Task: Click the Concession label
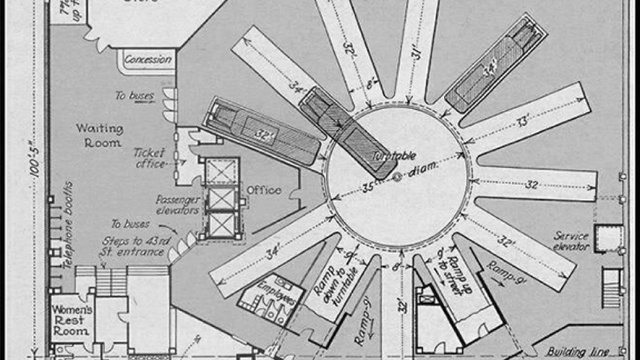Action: coord(149,60)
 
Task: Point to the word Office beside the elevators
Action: coord(263,191)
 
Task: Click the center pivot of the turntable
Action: coord(397,178)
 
